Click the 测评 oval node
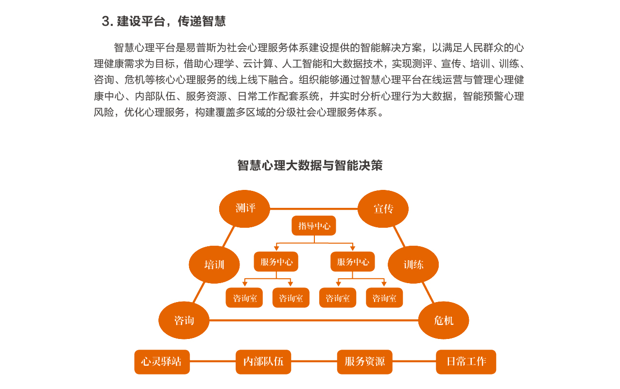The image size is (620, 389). (244, 209)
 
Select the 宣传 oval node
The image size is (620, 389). (383, 209)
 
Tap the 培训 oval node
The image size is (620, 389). (214, 265)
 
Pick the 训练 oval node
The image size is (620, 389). (413, 265)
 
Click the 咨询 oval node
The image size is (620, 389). (184, 321)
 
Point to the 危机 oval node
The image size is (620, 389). (444, 321)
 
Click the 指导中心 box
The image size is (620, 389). (314, 226)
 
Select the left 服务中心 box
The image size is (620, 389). (276, 261)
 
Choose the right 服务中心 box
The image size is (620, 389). (353, 261)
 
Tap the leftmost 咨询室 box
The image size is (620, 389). (244, 298)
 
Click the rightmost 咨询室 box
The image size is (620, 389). (384, 298)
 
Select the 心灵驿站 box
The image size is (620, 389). (162, 362)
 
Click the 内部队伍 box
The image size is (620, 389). (263, 362)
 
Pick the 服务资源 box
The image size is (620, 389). (364, 362)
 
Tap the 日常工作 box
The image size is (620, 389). (466, 362)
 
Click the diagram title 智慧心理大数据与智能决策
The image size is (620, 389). (310, 166)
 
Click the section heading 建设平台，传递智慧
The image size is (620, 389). (172, 21)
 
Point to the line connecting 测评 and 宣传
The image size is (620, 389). (314, 209)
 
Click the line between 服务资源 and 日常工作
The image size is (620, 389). (414, 361)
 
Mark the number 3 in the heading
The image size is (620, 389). (105, 21)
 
